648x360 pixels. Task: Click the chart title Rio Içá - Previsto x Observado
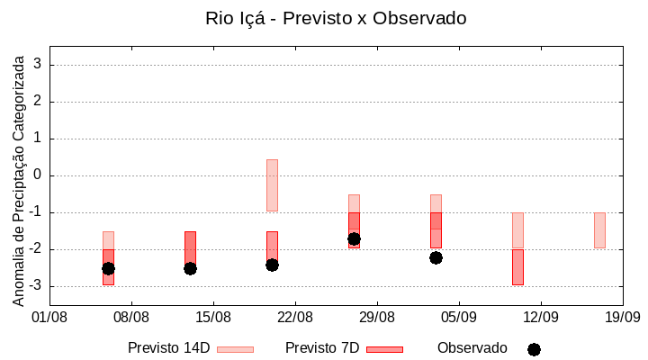point(336,19)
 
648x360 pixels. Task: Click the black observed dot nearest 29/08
point(354,239)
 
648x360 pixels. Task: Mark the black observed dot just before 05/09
point(436,257)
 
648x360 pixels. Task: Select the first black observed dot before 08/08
point(108,268)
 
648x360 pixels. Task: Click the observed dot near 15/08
point(190,268)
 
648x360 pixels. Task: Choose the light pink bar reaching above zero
point(272,185)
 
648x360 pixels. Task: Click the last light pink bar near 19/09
point(599,230)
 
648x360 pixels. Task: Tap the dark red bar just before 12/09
point(517,267)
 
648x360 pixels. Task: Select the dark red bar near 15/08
point(190,247)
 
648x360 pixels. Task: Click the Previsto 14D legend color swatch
point(235,349)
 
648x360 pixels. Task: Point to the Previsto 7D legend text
point(322,348)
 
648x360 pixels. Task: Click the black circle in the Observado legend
point(534,349)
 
